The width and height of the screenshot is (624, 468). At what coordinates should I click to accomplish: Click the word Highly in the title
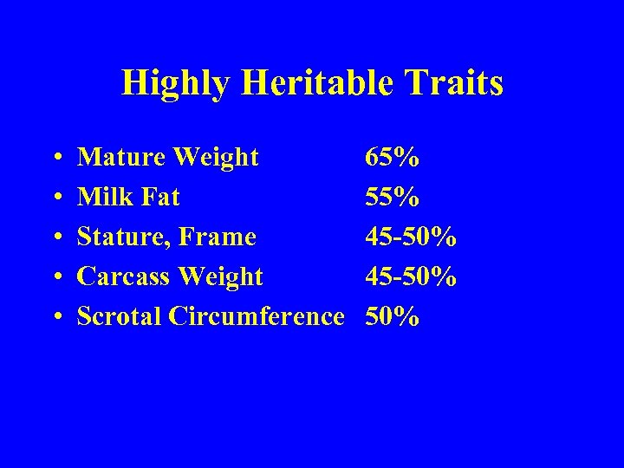tap(177, 84)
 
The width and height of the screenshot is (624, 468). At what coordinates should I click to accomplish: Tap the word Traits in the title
tap(459, 83)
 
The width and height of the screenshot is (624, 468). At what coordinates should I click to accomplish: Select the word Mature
tap(122, 157)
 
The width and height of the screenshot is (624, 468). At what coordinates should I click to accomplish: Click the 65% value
tap(393, 157)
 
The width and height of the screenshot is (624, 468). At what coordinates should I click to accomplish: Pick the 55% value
tap(393, 197)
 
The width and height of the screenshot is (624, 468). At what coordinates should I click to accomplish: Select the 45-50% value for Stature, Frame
tap(412, 237)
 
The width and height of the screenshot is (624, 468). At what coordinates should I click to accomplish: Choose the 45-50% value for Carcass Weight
tap(412, 276)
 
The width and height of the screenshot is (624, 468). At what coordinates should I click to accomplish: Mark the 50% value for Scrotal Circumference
tap(393, 316)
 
